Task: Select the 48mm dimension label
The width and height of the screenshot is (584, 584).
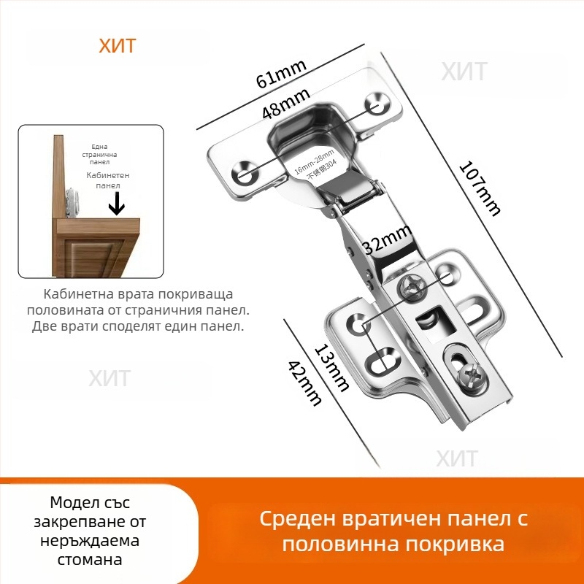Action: [286, 102]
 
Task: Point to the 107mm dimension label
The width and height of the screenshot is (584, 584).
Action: [480, 188]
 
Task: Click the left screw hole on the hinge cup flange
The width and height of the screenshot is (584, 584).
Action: [242, 174]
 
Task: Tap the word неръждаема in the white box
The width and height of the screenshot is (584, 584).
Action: [98, 541]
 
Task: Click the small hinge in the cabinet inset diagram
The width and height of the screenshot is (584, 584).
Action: [72, 200]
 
